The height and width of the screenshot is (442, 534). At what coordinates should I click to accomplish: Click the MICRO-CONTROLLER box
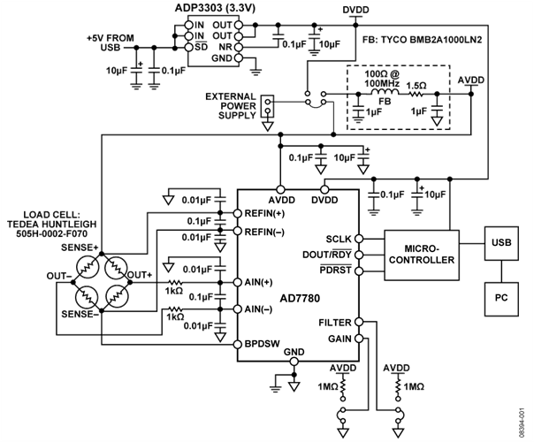pyautogui.click(x=426, y=254)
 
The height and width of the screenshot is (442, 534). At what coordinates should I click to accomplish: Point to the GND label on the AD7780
pyautogui.click(x=294, y=353)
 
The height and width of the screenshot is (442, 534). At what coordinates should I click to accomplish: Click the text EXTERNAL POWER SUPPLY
pyautogui.click(x=230, y=104)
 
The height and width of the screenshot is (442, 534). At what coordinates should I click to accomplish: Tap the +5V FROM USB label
pyautogui.click(x=111, y=41)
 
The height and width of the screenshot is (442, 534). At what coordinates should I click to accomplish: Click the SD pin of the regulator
pyautogui.click(x=200, y=46)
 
